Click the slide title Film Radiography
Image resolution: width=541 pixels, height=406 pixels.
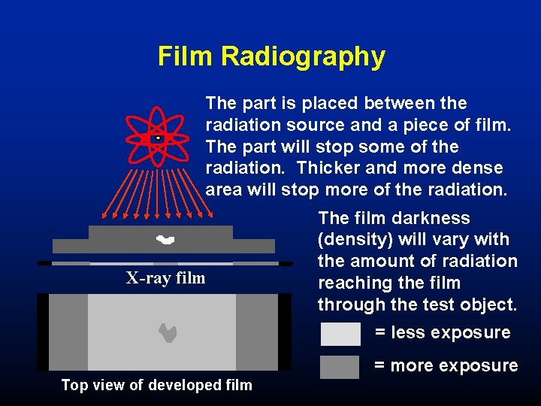point(271,56)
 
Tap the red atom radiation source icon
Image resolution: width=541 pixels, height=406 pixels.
point(158,138)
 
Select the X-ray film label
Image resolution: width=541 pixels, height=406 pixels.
point(165,278)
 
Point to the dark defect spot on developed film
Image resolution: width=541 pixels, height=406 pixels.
point(168,332)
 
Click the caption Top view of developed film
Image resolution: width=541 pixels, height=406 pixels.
point(156,386)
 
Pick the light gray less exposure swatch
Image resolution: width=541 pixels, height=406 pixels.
point(340,334)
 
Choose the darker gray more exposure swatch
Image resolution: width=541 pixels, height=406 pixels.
point(340,367)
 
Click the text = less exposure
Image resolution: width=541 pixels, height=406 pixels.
point(443,332)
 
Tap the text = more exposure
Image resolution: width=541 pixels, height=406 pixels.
point(446,366)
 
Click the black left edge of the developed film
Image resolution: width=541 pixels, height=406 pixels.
point(43,332)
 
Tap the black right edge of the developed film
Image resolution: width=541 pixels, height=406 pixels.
point(285,332)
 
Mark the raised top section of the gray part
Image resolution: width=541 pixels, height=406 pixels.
point(161,231)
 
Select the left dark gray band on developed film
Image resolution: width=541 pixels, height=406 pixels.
point(68,332)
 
